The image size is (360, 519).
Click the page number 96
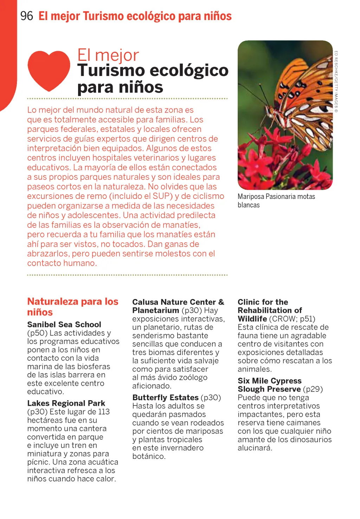click(x=27, y=16)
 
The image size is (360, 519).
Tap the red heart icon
click(x=49, y=70)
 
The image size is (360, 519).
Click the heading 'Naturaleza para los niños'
click(x=72, y=307)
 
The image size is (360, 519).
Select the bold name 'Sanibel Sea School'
click(x=64, y=324)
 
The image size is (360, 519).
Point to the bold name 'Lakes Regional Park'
click(x=66, y=403)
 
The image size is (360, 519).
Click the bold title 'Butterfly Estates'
click(x=165, y=397)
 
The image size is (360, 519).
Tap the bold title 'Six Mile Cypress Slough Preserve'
click(x=269, y=385)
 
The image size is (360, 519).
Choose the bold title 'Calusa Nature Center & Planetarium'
click(x=178, y=306)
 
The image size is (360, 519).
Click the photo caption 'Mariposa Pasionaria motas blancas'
click(x=276, y=201)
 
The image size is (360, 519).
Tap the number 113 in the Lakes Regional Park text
click(x=104, y=411)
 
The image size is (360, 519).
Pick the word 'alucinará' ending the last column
click(x=255, y=448)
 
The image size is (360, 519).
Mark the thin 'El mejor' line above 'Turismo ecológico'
click(x=108, y=55)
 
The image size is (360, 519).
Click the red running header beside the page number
click(x=135, y=16)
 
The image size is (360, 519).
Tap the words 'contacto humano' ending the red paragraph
click(x=62, y=263)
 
